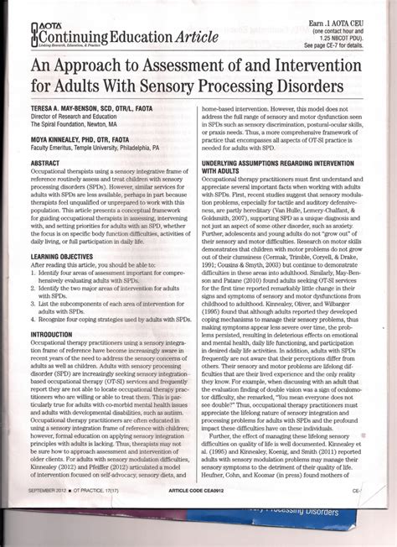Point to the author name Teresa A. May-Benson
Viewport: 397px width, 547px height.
pyautogui.click(x=78, y=119)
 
